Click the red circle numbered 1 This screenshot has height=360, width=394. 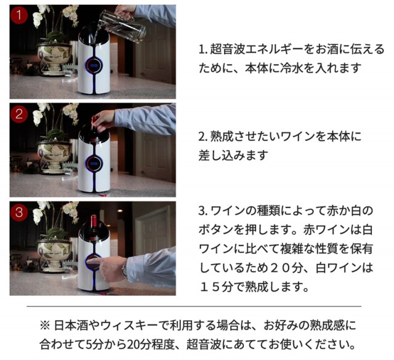19,15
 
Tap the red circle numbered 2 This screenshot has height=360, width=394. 19,114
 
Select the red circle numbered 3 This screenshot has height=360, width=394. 19,212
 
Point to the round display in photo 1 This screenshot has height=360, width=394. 94,65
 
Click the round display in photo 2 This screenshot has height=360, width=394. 94,164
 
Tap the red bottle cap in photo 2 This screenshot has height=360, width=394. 95,119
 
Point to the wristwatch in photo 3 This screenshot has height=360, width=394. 124,268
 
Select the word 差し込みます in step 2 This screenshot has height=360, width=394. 233,156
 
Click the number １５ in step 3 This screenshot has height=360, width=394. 210,287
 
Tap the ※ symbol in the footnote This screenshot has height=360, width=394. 46,326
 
